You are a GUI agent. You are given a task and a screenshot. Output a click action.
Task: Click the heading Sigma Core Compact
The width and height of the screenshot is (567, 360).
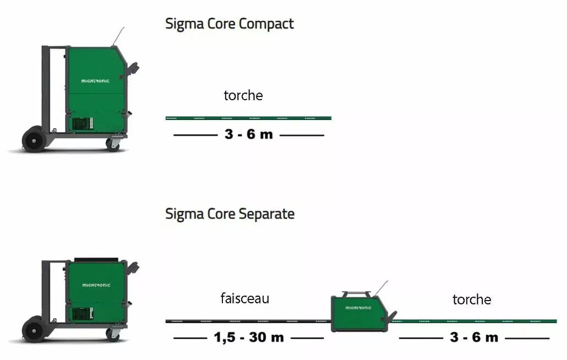pos(230,24)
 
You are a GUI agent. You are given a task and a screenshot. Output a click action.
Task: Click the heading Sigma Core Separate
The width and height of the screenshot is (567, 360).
pos(230,214)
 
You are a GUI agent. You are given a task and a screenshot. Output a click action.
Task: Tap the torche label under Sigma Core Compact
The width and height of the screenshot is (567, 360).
pos(243,95)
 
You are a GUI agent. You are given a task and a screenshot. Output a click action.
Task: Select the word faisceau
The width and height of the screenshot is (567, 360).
pos(245,298)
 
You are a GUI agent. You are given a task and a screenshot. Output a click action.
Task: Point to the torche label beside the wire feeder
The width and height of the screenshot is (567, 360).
pos(472,299)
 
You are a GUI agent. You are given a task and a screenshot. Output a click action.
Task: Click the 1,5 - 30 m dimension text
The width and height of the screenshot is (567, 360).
pos(249,337)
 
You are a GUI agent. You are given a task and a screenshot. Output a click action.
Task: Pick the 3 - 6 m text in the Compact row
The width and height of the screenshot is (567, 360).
pos(249,134)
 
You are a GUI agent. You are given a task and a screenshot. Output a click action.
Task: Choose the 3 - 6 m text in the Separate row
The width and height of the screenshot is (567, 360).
pos(474,337)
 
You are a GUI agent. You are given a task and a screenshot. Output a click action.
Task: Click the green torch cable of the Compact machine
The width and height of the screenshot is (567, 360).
pos(248,118)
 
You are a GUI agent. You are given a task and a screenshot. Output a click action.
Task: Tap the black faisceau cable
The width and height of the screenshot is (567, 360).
pos(248,321)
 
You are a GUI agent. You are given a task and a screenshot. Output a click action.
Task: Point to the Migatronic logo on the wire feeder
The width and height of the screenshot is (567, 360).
pos(358,308)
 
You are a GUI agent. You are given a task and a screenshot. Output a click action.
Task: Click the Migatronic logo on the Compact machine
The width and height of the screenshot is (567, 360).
pos(95,81)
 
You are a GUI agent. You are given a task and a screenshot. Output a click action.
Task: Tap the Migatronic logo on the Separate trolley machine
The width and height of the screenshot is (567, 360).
pos(96,285)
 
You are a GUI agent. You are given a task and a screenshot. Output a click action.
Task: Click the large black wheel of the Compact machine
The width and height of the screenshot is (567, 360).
pos(33,139)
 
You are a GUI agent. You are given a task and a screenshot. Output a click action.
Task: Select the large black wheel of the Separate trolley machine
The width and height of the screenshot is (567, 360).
pos(33,329)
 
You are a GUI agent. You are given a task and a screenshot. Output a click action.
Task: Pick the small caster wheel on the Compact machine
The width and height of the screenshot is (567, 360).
pos(113,144)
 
